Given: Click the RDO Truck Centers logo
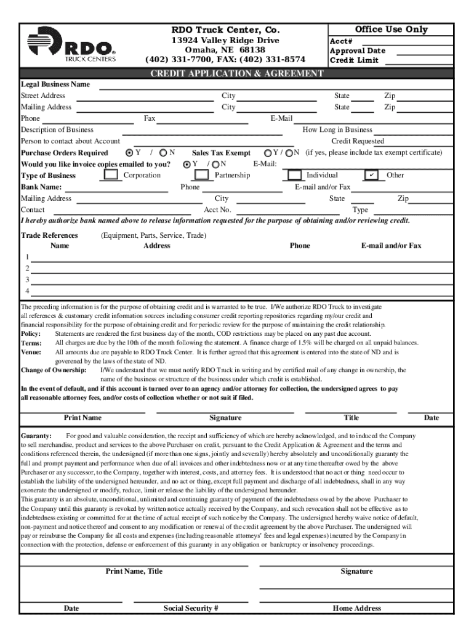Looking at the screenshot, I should pos(71,44).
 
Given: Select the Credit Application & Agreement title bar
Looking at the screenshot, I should pos(237,73).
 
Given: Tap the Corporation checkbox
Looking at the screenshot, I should pos(111,175).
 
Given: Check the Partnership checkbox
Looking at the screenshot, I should pos(202,175).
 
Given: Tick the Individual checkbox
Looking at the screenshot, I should pos(294,175).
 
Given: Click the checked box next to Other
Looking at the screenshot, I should pos(372,175).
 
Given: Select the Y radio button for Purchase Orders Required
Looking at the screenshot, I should pos(129,153).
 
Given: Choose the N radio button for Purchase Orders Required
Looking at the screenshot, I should pos(163,153).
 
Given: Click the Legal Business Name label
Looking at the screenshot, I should pos(55,84).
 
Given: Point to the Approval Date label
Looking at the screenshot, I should pos(358,51).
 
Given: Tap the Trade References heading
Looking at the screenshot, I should pos(49,235).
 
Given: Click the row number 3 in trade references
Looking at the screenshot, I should pos(27,279).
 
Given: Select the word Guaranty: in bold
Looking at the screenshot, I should pos(36,436).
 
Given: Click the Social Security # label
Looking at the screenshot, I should pos(191,608).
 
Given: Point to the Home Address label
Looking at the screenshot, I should pos(357,608).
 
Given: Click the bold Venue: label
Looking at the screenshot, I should pos(31,352).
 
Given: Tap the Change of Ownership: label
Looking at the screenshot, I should pos(54,370).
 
